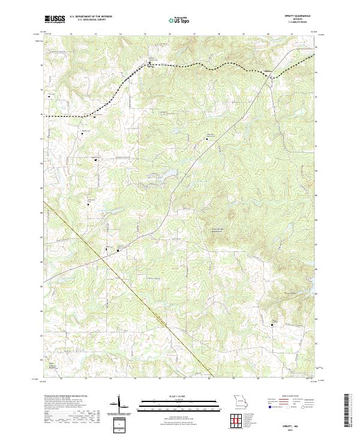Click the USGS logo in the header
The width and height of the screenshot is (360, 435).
point(53,20)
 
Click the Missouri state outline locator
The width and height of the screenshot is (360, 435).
point(241,400)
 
